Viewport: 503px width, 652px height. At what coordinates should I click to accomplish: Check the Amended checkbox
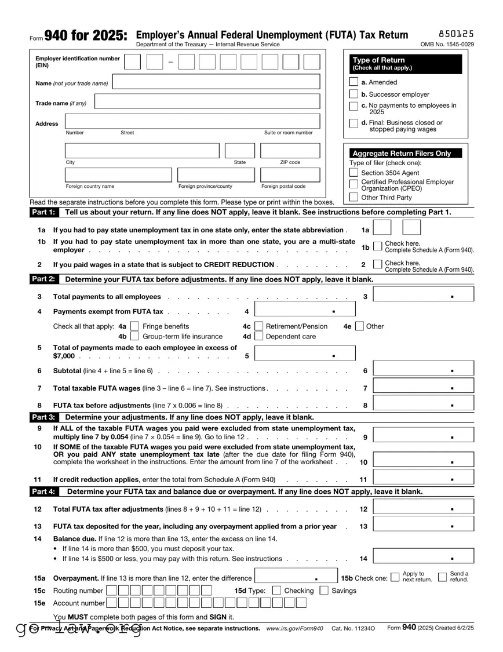353,82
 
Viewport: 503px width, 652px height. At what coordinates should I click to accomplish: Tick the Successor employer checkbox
353,94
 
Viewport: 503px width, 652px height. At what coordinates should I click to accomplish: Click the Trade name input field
207,102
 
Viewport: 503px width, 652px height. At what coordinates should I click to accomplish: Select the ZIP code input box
290,151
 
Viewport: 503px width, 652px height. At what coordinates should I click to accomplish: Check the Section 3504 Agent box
353,173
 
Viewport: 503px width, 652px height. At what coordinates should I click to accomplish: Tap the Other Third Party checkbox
353,197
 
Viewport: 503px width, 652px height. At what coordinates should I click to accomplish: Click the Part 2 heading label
43,279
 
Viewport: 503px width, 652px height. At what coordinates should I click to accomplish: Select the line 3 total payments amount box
424,294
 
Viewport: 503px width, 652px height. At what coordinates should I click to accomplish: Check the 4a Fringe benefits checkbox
135,326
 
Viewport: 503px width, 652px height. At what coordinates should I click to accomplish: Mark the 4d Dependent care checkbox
259,336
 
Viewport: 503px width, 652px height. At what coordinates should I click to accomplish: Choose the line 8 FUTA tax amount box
424,404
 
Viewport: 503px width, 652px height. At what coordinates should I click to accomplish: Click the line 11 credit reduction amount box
424,479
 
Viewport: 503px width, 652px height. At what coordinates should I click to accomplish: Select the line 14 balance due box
424,558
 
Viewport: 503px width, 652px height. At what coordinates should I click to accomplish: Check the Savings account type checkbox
324,591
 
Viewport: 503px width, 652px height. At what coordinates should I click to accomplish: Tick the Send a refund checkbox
442,577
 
